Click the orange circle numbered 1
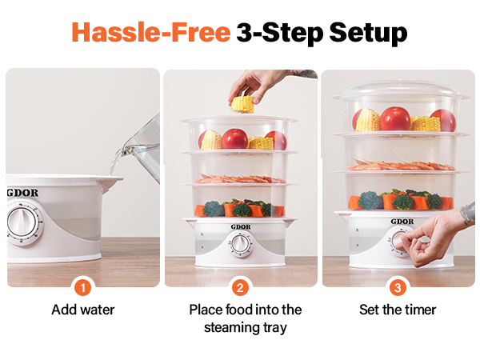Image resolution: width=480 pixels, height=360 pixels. click(82, 287)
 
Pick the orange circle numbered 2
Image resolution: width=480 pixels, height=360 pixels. click(240, 287)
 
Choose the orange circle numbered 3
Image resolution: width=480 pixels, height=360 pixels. click(398, 287)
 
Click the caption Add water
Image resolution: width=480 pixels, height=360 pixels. click(82, 310)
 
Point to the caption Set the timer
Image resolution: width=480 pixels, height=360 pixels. click(398, 310)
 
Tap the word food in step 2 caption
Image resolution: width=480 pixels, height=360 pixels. click(238, 310)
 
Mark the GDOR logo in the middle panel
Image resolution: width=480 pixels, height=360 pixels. click(241, 226)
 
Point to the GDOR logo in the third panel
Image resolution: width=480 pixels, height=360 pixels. click(402, 221)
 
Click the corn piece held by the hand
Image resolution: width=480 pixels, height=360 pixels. click(242, 103)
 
